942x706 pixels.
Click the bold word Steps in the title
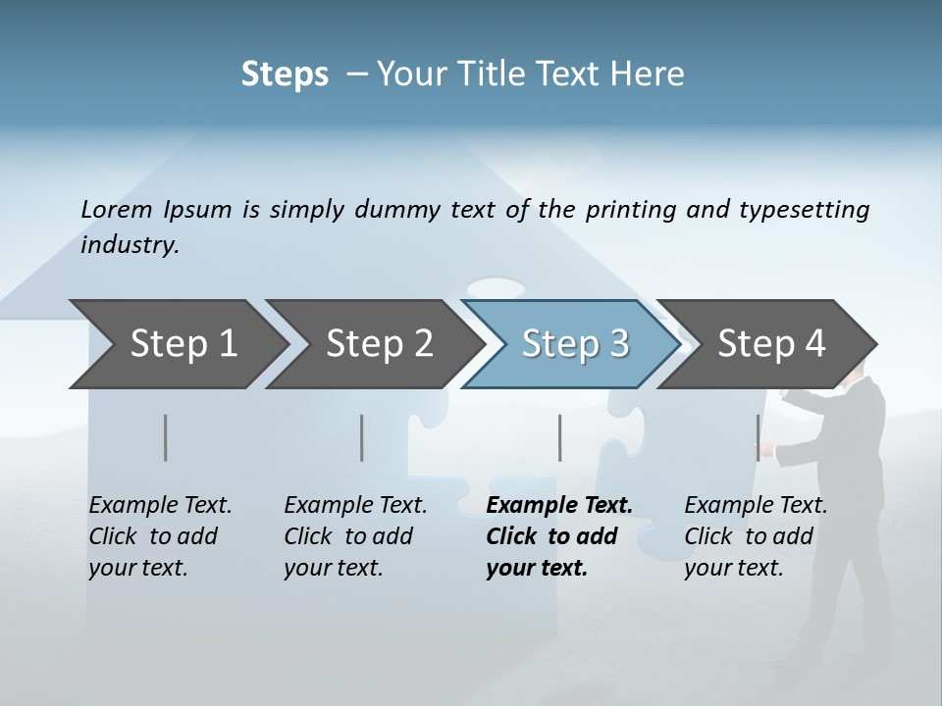pos(285,75)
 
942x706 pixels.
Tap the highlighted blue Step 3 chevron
pos(574,344)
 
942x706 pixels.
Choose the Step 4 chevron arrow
pos(771,344)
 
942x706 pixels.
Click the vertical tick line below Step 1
pos(166,437)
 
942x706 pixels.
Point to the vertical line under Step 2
pos(362,437)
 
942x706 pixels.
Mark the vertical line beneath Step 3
pos(560,437)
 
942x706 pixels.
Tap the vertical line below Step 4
pos(758,437)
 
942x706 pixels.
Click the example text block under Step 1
pos(160,536)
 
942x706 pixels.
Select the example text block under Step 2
pos(355,536)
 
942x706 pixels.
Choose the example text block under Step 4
pos(756,536)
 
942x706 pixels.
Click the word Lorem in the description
pos(117,210)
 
